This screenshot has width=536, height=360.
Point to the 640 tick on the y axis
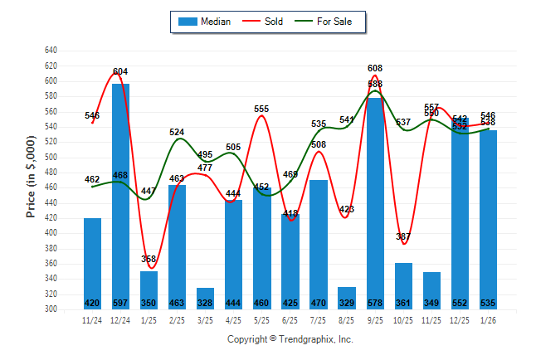click(x=51, y=51)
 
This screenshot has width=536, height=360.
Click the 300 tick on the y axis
click(x=51, y=309)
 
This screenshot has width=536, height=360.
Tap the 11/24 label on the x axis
click(x=92, y=319)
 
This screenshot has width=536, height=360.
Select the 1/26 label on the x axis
click(x=488, y=319)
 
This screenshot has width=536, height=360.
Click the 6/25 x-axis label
click(x=290, y=319)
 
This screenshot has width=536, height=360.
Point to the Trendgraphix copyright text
click(x=290, y=339)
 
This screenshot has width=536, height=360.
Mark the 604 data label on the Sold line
click(x=120, y=71)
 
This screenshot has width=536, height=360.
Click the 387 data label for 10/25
click(x=403, y=237)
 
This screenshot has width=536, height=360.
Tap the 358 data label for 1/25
click(x=149, y=259)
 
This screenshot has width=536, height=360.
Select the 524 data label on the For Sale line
click(x=177, y=132)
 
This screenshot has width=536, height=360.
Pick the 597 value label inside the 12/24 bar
click(x=120, y=303)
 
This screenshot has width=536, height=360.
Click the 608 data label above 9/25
click(x=375, y=68)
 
